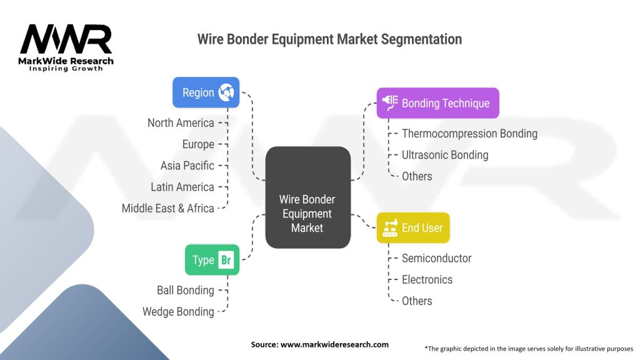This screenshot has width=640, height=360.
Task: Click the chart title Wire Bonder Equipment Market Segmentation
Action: click(x=329, y=39)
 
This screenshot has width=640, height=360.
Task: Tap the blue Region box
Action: click(x=206, y=92)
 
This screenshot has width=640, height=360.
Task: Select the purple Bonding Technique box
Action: click(x=437, y=103)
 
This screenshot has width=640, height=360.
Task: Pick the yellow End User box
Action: click(x=413, y=227)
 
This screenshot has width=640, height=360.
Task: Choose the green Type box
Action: click(x=211, y=260)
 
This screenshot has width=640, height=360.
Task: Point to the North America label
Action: click(x=181, y=123)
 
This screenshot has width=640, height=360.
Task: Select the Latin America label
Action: click(x=182, y=187)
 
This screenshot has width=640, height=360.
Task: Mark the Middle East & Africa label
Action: click(x=167, y=208)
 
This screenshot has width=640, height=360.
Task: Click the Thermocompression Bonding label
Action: click(x=469, y=134)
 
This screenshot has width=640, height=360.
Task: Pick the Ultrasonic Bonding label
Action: click(x=445, y=155)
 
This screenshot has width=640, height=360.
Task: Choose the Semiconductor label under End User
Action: click(x=436, y=258)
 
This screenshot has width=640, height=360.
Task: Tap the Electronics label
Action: click(x=427, y=279)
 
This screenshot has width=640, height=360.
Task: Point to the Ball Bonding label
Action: click(x=185, y=290)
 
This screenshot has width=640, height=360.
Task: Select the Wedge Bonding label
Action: click(x=178, y=311)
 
